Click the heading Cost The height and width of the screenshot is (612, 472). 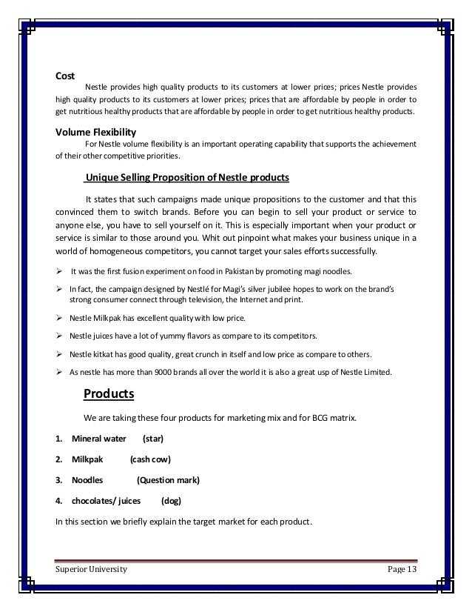point(66,75)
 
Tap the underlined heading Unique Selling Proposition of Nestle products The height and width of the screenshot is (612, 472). point(187,178)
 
